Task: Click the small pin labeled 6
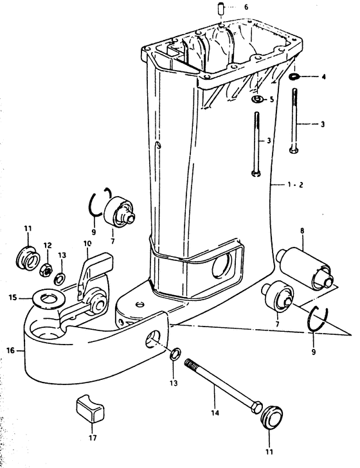point(221,8)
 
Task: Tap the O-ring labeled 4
point(294,76)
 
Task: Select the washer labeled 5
point(257,99)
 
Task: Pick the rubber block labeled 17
point(91,409)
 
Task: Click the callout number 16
point(10,350)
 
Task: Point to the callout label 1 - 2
point(295,184)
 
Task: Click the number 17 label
point(93,438)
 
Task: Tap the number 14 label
point(215,413)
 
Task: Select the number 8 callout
point(302,230)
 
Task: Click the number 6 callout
point(246,6)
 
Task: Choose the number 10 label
point(87,244)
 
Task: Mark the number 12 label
point(48,246)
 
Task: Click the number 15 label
point(13,297)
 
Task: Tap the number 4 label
point(323,76)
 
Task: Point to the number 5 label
point(272,99)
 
